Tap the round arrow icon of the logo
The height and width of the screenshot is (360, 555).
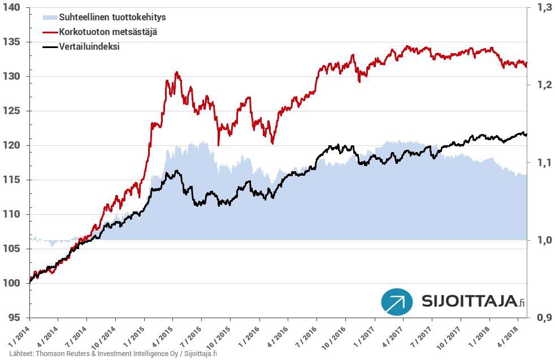pyautogui.click(x=397, y=302)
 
